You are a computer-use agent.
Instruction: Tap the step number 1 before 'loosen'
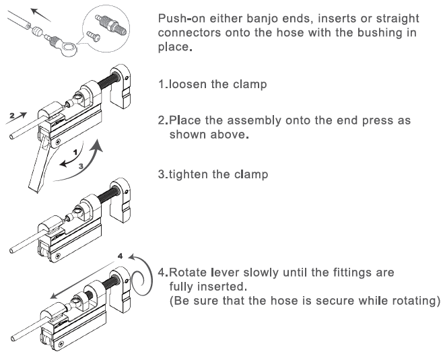pyautogui.click(x=162, y=85)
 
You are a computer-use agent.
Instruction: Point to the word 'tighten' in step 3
pyautogui.click(x=189, y=174)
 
